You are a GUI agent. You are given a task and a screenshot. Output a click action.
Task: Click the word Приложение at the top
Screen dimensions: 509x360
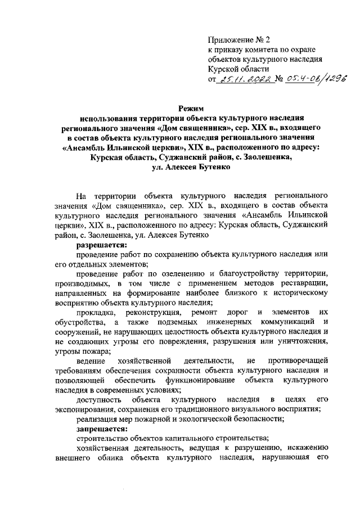coord(227,40)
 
